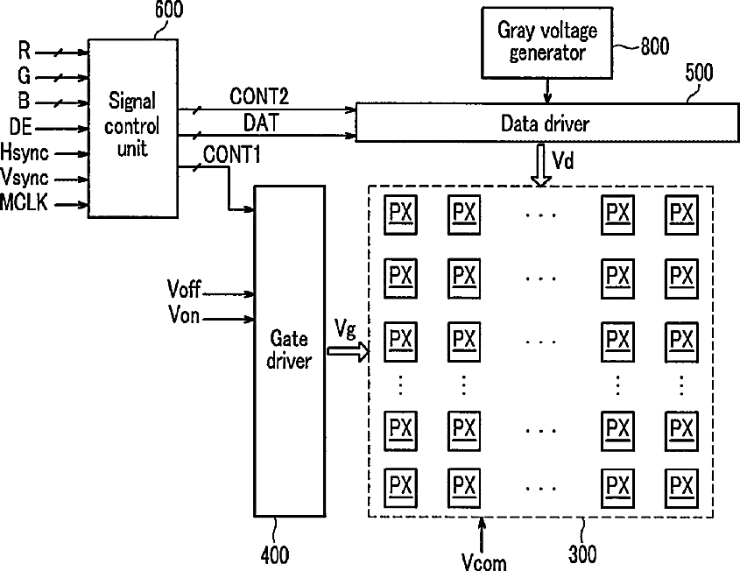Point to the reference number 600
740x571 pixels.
coord(169,10)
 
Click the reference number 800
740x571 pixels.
coord(654,46)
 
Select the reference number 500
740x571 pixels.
coord(699,73)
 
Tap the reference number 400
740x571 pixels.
coord(275,555)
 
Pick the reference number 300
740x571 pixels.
coord(582,554)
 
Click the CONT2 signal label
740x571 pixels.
coord(259,96)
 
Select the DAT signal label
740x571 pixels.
coord(261,123)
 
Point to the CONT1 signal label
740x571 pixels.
coord(232,155)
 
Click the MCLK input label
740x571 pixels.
coord(24,202)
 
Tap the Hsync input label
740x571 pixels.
coord(25,152)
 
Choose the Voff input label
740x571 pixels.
coord(184,289)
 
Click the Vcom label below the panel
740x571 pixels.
coord(483,562)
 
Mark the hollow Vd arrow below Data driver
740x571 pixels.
coord(541,166)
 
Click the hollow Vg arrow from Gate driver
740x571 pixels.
coord(349,351)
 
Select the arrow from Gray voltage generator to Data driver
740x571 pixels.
coord(547,90)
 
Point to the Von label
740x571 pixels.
coord(184,314)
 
